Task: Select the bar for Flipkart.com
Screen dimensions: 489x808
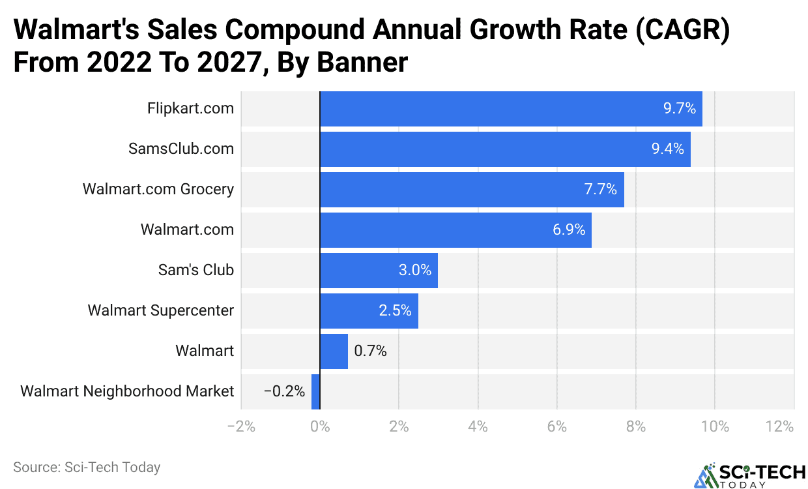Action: (511, 109)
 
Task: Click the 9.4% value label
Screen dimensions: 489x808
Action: (667, 149)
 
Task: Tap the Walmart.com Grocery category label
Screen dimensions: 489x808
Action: (158, 190)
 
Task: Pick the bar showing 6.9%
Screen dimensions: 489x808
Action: (455, 230)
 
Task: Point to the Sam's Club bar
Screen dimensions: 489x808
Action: (379, 271)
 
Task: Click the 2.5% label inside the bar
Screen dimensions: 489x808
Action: (395, 310)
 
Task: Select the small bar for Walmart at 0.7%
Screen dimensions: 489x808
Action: (334, 351)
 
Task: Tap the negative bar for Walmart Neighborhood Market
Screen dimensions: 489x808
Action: (316, 392)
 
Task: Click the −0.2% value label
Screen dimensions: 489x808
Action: (284, 392)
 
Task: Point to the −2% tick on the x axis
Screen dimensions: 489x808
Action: (240, 427)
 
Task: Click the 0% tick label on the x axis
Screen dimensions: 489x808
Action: (320, 427)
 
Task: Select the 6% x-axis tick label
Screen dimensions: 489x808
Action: (556, 427)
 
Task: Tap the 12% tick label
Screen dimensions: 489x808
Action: (780, 427)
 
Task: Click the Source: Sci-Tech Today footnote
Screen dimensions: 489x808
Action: (87, 467)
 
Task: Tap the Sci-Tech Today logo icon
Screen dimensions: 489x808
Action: (705, 475)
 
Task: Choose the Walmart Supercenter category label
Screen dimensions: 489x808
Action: (160, 311)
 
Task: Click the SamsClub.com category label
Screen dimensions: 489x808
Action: (181, 149)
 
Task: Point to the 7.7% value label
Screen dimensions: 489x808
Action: (600, 190)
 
